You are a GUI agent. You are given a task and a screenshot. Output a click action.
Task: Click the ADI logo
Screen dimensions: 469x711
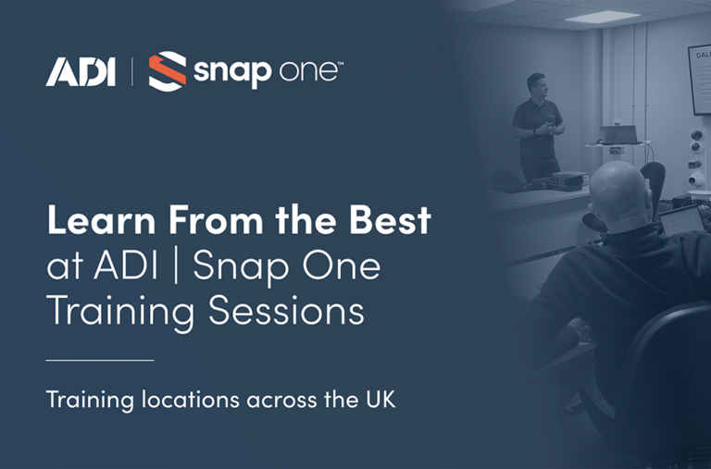click(81, 71)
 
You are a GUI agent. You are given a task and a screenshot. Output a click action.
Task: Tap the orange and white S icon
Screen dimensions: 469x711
click(168, 71)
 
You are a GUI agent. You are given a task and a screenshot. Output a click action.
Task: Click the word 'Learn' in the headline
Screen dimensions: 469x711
click(93, 221)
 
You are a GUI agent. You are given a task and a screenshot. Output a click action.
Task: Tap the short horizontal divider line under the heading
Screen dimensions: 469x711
click(99, 359)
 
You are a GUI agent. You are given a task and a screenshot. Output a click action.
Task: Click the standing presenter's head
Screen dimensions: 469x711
click(536, 85)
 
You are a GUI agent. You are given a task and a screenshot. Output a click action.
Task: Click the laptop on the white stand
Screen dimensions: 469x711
click(618, 135)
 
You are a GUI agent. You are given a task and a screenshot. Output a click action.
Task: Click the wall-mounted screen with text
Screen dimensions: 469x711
click(699, 80)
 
